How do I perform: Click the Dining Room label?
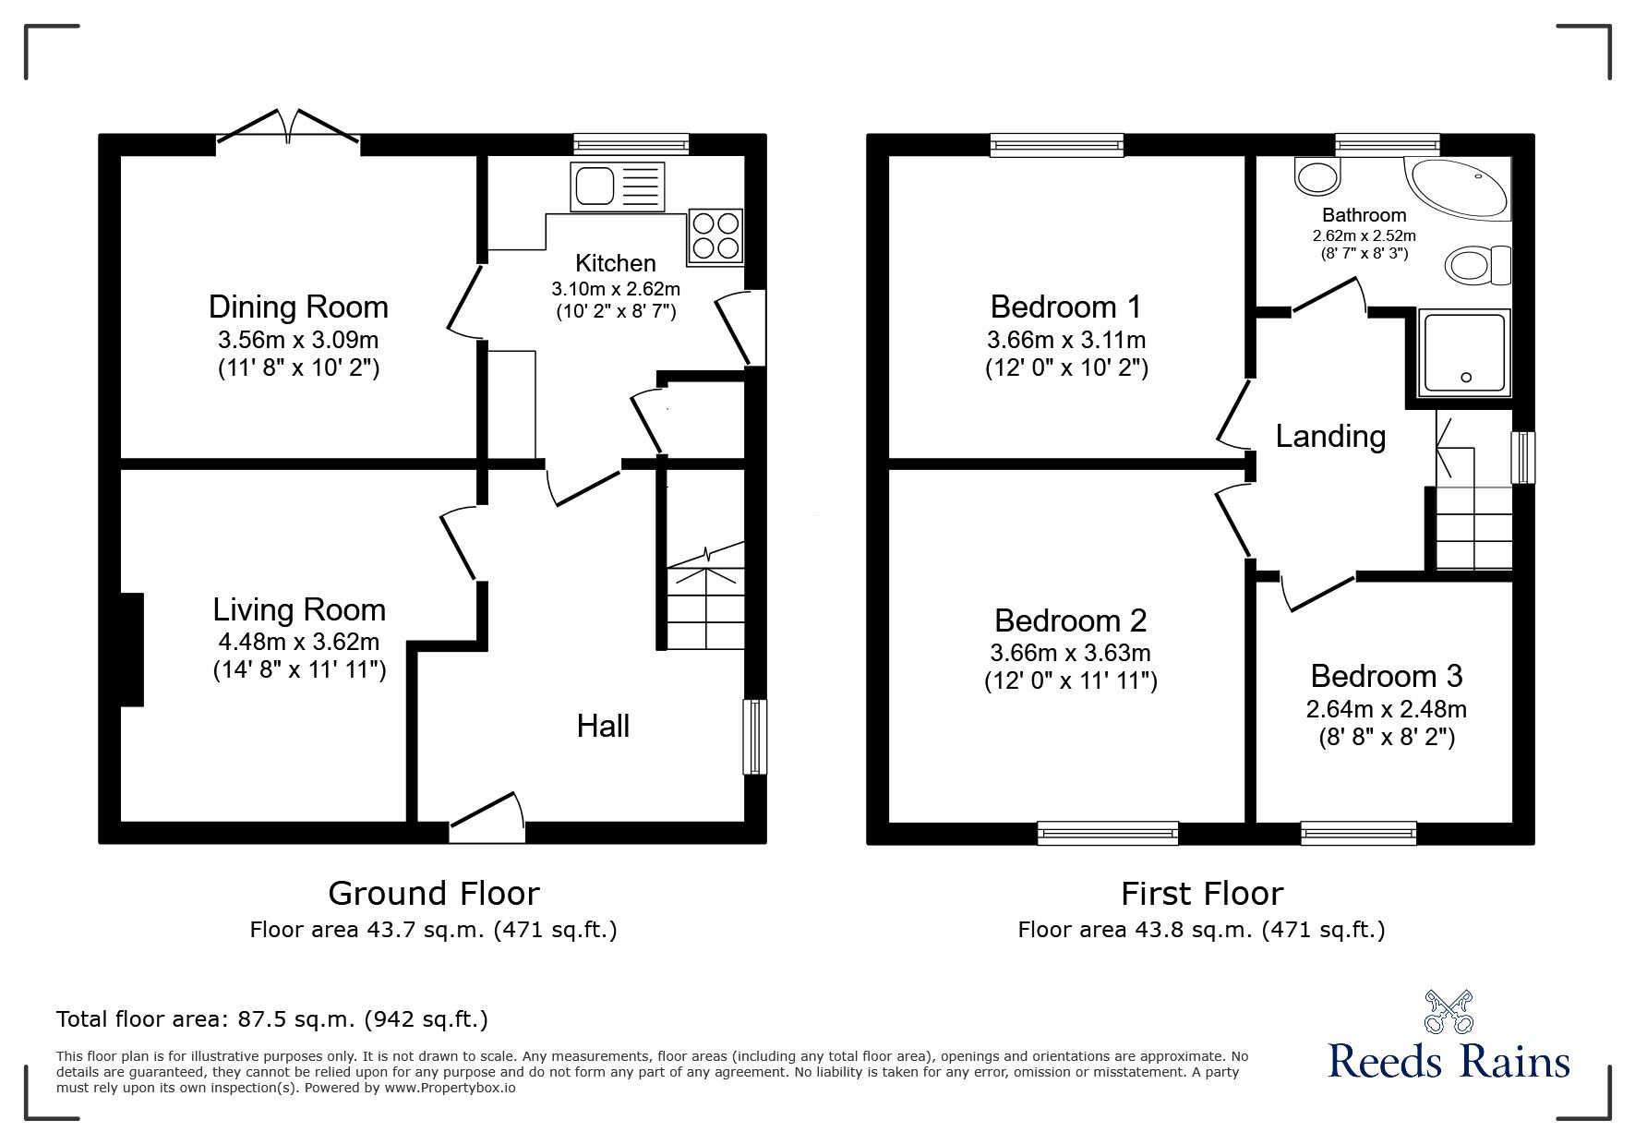298,307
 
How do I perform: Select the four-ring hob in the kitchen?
715,235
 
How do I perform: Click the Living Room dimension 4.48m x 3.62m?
298,642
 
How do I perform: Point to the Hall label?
603,726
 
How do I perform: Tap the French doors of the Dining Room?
289,127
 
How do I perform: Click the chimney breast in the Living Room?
131,650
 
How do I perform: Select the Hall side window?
755,737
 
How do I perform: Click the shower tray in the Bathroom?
1466,353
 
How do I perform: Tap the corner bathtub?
1459,188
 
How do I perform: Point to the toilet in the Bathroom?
1479,266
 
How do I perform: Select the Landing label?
1330,436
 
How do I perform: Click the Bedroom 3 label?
1386,676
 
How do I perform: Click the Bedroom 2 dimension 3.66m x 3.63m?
1070,653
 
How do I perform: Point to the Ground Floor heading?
434,893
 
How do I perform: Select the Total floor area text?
272,1019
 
